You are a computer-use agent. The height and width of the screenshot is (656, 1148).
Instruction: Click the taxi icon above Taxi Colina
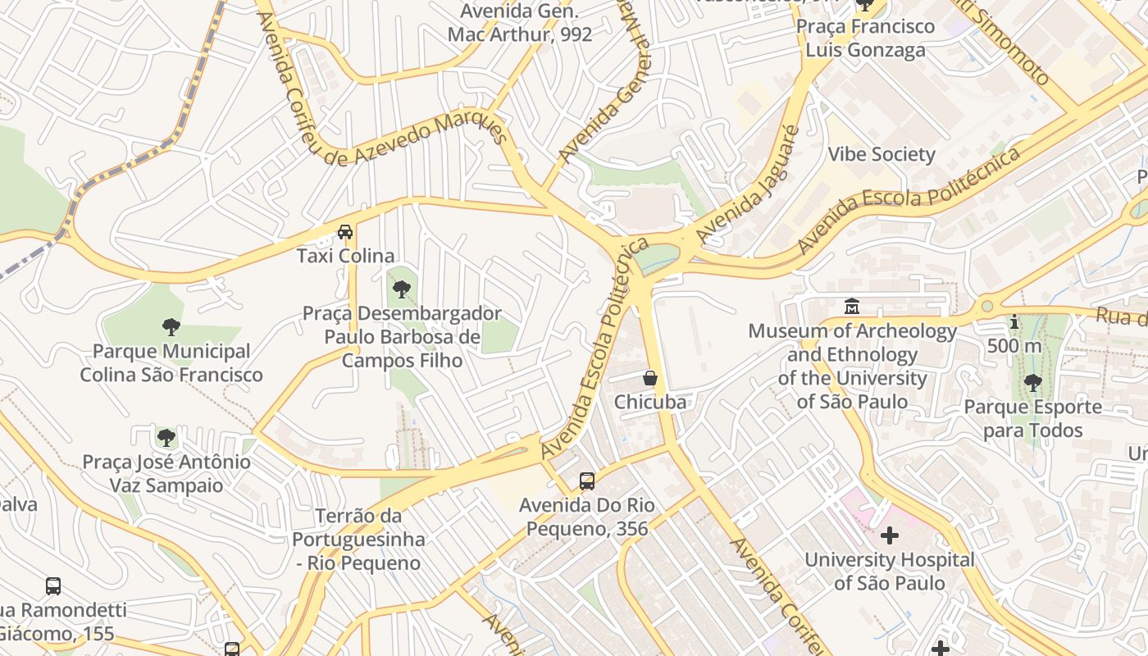[x=345, y=232]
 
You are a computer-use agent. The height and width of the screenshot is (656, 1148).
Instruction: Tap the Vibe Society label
[x=881, y=154]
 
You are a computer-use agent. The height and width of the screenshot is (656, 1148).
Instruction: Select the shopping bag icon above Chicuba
[x=650, y=378]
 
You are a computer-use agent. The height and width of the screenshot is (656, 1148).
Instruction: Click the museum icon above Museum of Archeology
[x=852, y=307]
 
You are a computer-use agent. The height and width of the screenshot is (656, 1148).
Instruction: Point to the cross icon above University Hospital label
[x=890, y=536]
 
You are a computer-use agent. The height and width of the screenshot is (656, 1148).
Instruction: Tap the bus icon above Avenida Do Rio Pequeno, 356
[x=587, y=481]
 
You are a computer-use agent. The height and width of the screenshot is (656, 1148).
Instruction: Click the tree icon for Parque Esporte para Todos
[x=1032, y=383]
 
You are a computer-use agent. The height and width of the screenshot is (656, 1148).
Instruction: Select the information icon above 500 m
[x=1014, y=322]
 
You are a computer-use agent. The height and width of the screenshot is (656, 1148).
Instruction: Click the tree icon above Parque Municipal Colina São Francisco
[x=171, y=328]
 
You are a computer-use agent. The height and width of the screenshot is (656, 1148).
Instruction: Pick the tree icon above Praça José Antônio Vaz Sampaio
[x=166, y=438]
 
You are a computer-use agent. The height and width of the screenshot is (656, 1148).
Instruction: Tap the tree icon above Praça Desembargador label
[x=402, y=289]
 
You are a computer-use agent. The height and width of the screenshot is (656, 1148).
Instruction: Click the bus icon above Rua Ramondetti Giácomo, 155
[x=53, y=586]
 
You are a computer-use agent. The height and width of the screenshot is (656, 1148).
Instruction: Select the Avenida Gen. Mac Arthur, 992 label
[x=520, y=23]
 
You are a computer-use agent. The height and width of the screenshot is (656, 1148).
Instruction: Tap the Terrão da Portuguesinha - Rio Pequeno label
[x=358, y=540]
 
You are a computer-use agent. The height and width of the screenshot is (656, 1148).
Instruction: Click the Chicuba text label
[x=650, y=402]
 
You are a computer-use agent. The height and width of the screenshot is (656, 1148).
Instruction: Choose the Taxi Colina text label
[x=345, y=256]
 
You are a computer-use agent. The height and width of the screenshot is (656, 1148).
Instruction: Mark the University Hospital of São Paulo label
[x=890, y=572]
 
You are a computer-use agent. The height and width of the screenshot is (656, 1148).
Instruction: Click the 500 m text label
[x=1014, y=346]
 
